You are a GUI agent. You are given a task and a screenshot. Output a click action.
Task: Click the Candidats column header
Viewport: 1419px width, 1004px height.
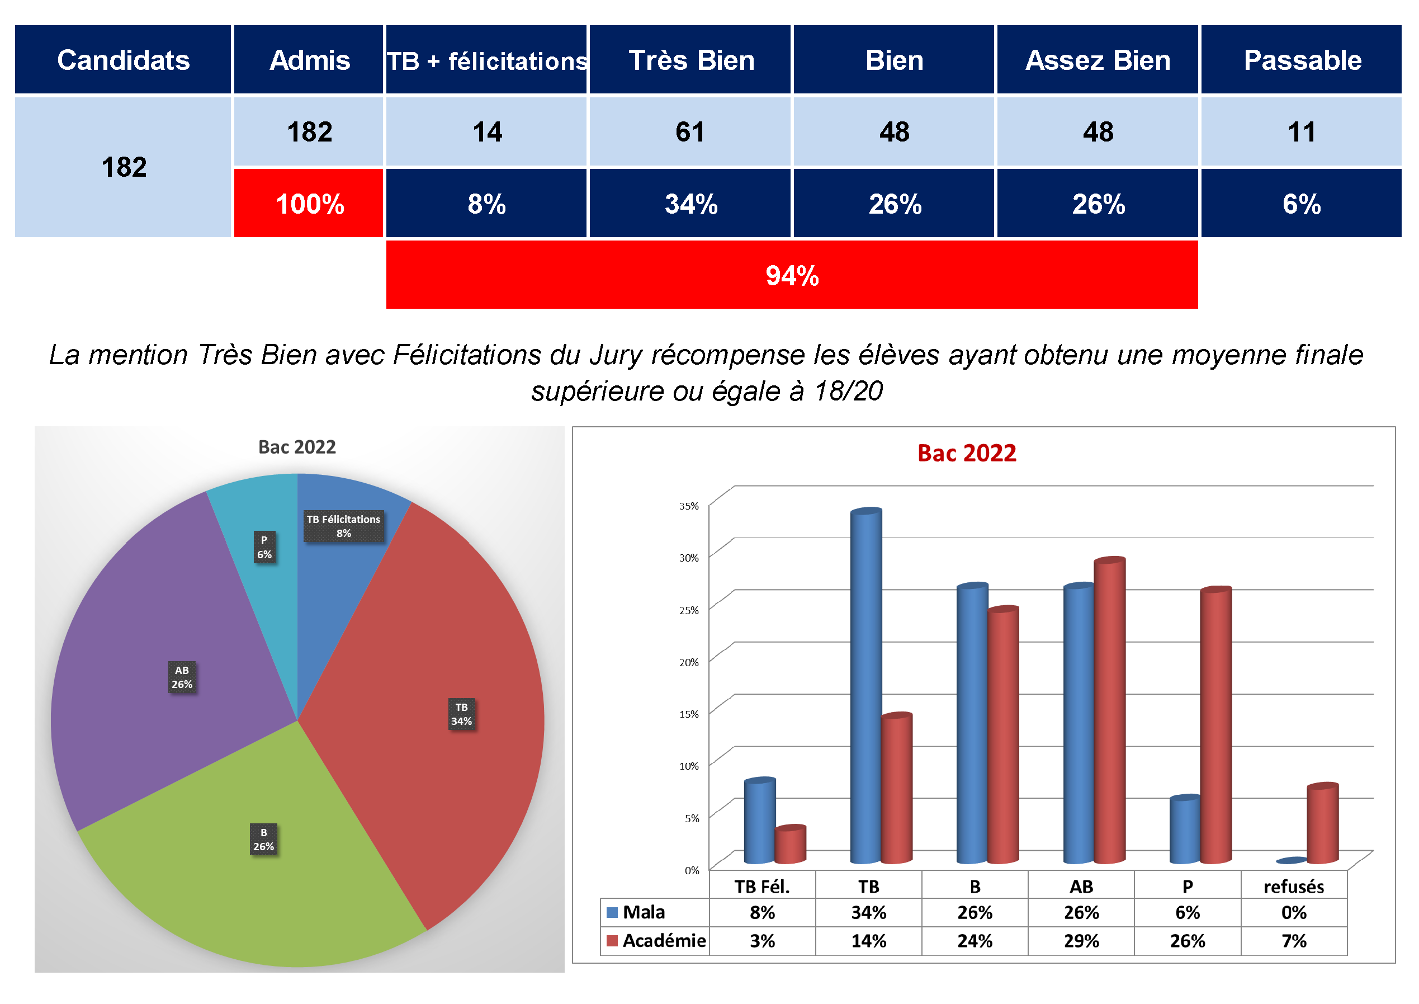click(x=123, y=60)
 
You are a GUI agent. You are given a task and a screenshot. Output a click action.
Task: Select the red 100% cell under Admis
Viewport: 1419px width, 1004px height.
click(x=309, y=204)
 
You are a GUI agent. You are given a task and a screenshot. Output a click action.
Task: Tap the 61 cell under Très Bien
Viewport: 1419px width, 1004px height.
click(x=690, y=131)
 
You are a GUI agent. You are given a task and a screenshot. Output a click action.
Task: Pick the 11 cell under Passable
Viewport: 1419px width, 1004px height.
click(x=1301, y=131)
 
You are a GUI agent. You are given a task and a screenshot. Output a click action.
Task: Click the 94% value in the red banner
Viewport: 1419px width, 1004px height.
click(x=792, y=275)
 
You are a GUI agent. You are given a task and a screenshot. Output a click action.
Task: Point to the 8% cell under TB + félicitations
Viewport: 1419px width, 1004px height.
click(x=486, y=204)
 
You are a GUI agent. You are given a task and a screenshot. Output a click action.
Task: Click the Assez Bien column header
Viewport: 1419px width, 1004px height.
click(x=1098, y=60)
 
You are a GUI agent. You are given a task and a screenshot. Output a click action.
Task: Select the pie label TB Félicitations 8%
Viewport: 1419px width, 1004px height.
click(x=344, y=526)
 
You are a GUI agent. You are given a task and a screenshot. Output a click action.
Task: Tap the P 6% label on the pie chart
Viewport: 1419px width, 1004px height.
click(x=264, y=547)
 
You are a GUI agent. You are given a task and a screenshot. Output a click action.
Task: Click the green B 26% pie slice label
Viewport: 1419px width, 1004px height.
click(x=263, y=840)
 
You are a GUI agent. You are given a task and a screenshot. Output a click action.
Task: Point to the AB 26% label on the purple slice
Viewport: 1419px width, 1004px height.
click(x=182, y=677)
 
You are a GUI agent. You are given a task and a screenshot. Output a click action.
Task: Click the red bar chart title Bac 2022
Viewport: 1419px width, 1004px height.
click(x=967, y=453)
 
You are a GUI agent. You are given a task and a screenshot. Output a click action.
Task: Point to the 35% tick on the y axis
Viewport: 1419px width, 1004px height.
click(x=689, y=506)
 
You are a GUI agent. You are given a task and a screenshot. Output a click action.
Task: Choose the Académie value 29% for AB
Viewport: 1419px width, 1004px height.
click(x=1081, y=941)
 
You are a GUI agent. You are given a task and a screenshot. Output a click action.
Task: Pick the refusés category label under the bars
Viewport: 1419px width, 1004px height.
click(x=1294, y=887)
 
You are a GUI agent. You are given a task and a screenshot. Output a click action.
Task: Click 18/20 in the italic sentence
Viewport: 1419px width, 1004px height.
click(x=848, y=391)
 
